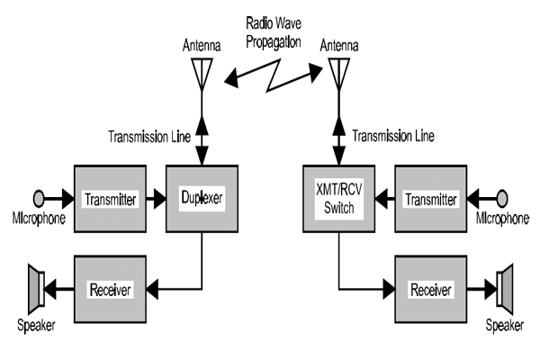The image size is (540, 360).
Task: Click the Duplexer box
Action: [202, 199]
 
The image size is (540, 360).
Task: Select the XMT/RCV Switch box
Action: [338, 199]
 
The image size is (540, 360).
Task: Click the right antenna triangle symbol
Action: [338, 73]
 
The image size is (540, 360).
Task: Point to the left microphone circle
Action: [39, 198]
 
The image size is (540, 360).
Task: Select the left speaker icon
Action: [35, 289]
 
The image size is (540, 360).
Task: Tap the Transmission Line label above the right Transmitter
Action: [393, 137]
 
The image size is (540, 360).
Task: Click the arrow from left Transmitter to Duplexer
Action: [154, 199]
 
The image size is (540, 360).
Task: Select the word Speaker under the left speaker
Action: [36, 326]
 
